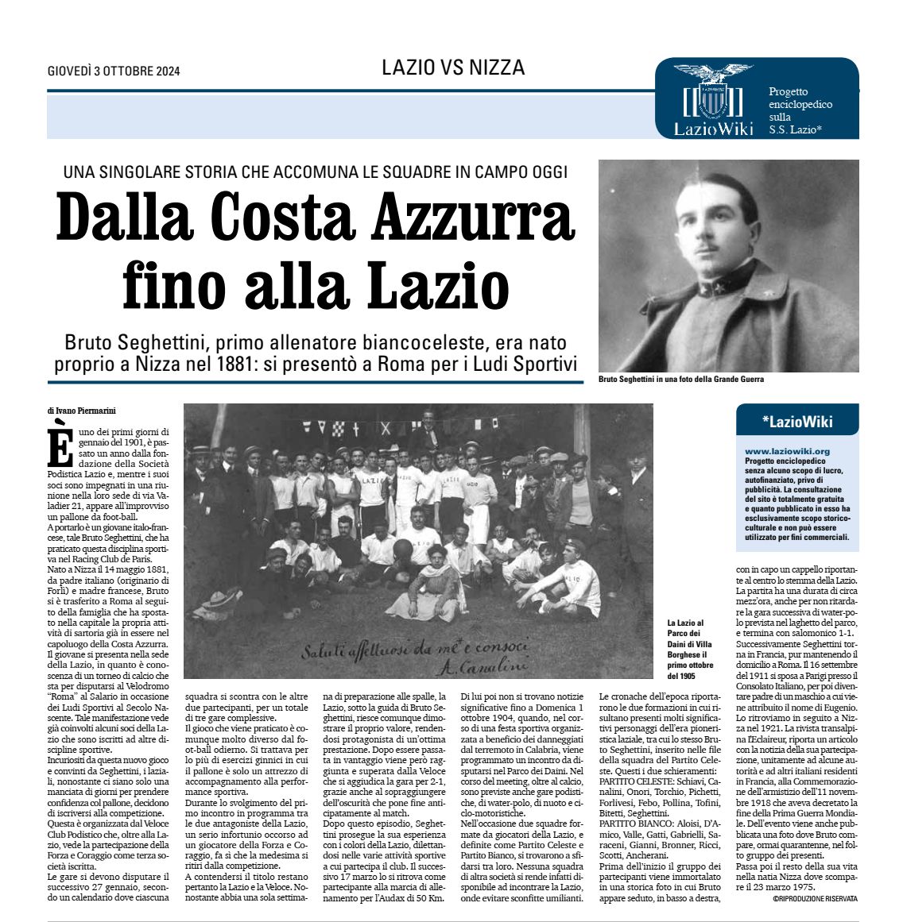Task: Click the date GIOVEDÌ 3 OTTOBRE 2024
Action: click(114, 71)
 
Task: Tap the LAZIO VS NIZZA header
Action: click(453, 68)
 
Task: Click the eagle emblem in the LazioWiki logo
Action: click(713, 76)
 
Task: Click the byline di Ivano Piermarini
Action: click(81, 411)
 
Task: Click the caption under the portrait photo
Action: click(680, 380)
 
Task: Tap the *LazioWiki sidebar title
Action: click(796, 422)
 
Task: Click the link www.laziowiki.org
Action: click(776, 451)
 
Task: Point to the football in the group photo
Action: click(404, 549)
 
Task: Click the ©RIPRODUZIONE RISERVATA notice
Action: click(815, 898)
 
